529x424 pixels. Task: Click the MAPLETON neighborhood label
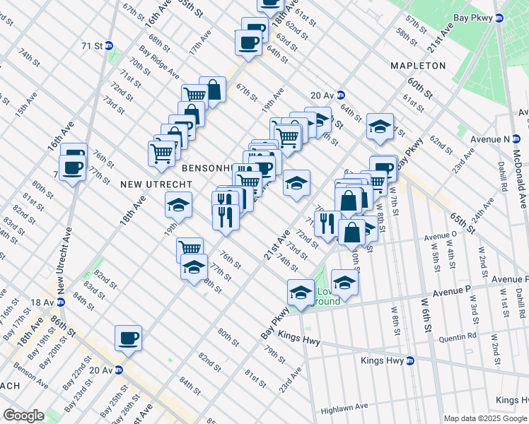pos(418,66)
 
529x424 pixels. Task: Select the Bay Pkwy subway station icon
pos(499,18)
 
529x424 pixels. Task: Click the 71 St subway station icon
pos(109,46)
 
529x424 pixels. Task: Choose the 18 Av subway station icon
pos(61,302)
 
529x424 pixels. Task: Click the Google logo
pos(23,415)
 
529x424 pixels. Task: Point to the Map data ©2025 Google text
pos(485,418)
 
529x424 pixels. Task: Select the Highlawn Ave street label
pos(344,407)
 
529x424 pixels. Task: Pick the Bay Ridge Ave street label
pos(159,63)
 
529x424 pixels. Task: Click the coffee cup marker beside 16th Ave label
pos(73,167)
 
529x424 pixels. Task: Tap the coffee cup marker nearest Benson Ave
pos(128,338)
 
